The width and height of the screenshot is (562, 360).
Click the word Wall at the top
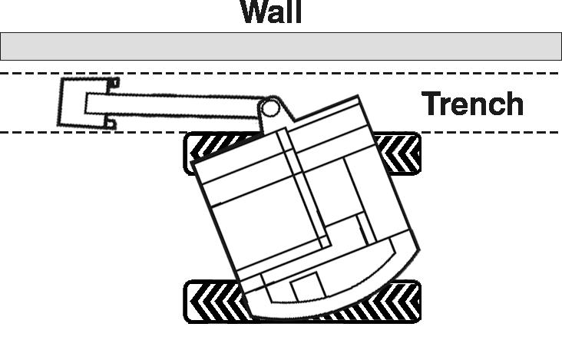coord(272,12)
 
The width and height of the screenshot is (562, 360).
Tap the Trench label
coord(472,104)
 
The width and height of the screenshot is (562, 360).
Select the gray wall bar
coord(281,46)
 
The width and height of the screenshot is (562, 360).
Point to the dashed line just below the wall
coord(281,74)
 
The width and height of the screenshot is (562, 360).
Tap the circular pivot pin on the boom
coord(269,107)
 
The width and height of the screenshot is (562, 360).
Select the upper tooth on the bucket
coord(114,83)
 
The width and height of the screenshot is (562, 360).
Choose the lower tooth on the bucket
coord(111,124)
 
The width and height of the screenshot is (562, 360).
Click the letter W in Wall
coord(256,12)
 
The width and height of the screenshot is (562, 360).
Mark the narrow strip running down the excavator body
coord(304,188)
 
